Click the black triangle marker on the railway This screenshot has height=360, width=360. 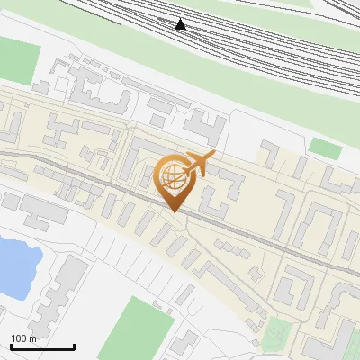point(181,24)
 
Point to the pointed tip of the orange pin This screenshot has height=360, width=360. point(172,211)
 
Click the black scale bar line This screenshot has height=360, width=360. point(42,347)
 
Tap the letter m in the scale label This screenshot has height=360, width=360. point(33,338)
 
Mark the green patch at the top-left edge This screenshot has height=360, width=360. point(14,59)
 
